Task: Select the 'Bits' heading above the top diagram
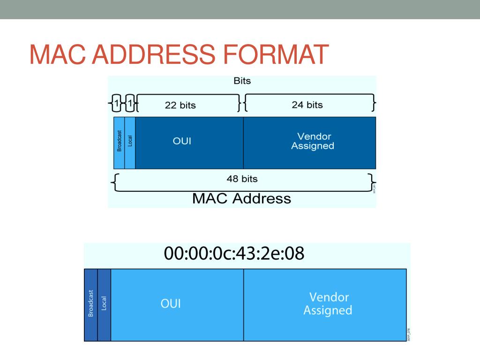(x=242, y=81)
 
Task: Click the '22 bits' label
(x=180, y=105)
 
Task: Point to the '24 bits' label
(x=307, y=105)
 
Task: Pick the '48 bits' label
(x=242, y=179)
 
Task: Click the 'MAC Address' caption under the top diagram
(x=241, y=198)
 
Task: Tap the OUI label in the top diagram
(x=182, y=141)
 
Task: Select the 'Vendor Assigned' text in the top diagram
(x=312, y=141)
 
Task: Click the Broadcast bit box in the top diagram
(x=119, y=142)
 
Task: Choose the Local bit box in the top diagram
(x=130, y=142)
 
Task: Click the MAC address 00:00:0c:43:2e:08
(x=234, y=254)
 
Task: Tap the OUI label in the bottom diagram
(x=171, y=304)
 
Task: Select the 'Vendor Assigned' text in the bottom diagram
(x=328, y=304)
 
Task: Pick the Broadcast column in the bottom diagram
(x=90, y=305)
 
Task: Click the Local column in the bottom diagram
(x=104, y=305)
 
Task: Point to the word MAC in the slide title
(x=57, y=54)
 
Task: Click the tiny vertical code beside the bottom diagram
(x=408, y=334)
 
